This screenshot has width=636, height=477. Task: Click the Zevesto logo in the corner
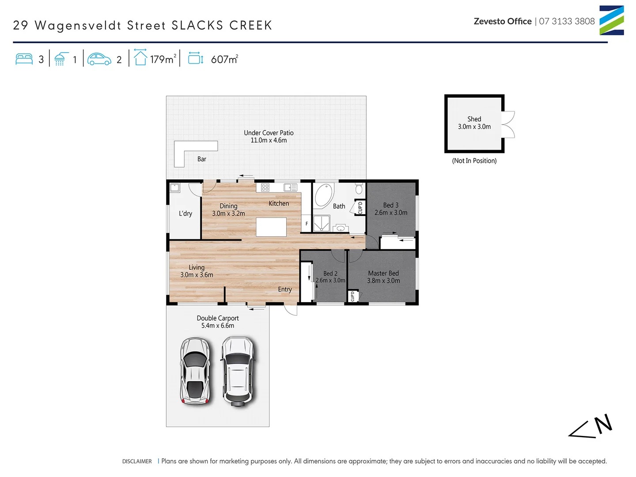click(611, 20)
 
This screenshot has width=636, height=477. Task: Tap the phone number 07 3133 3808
click(567, 21)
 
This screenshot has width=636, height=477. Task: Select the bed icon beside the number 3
click(24, 59)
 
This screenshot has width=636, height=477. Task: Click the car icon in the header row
click(99, 59)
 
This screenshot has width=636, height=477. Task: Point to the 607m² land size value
click(224, 59)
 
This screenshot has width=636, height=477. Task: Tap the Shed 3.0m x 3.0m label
click(474, 123)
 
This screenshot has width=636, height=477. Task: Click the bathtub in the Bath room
click(324, 195)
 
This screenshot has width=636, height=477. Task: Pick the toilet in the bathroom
click(359, 189)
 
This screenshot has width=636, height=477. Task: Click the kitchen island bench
click(271, 227)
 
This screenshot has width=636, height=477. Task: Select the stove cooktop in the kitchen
click(265, 187)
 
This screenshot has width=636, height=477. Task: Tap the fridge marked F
click(307, 223)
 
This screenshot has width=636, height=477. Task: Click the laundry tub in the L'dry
click(175, 188)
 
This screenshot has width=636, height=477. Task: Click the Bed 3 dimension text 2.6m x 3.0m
click(391, 213)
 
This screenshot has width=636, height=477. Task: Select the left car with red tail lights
click(194, 371)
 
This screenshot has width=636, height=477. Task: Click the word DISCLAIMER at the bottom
click(137, 462)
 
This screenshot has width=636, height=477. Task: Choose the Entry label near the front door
click(285, 289)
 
